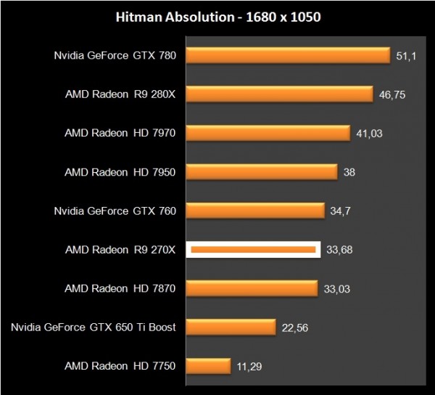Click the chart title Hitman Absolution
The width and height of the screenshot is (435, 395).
[217, 16]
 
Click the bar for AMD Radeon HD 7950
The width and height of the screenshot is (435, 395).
[263, 171]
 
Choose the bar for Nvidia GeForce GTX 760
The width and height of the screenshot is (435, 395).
[256, 211]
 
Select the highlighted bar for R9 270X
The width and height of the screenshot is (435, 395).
[253, 250]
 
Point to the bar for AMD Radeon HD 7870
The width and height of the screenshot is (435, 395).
[252, 288]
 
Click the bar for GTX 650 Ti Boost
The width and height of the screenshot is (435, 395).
[231, 327]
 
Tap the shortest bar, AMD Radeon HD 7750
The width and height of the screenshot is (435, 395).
[209, 366]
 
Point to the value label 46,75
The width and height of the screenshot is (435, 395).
[392, 94]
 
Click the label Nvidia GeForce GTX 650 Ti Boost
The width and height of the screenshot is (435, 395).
[94, 327]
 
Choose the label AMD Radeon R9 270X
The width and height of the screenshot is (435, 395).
[120, 250]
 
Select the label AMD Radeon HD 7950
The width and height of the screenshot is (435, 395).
[120, 172]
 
